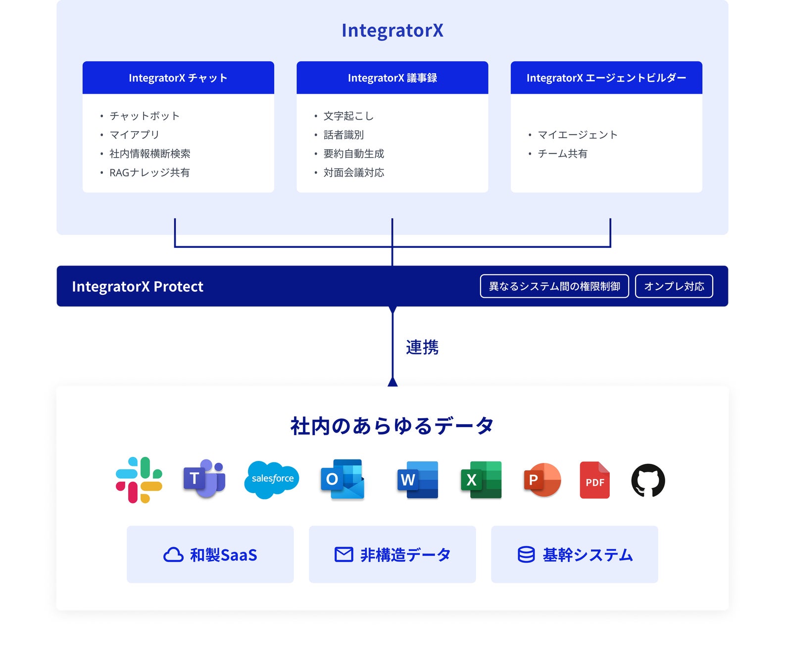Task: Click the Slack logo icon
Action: (139, 480)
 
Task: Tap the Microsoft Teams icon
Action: (204, 479)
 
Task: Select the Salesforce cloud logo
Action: (272, 479)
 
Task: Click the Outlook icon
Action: (343, 479)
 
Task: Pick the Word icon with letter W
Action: (418, 480)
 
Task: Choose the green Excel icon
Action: (481, 480)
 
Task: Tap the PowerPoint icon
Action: (542, 480)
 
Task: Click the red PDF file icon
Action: (594, 480)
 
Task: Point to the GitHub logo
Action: (648, 480)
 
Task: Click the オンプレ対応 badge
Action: (674, 286)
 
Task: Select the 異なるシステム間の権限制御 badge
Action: (554, 286)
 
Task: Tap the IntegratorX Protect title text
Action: (138, 286)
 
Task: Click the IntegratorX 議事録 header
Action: (392, 78)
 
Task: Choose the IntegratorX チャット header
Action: (178, 78)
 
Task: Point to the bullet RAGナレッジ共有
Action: (149, 172)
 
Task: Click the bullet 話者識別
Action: (343, 135)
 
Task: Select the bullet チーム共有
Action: (562, 154)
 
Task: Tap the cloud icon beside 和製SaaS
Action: (173, 555)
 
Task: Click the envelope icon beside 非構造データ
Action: (343, 555)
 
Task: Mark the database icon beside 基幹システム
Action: (526, 555)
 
